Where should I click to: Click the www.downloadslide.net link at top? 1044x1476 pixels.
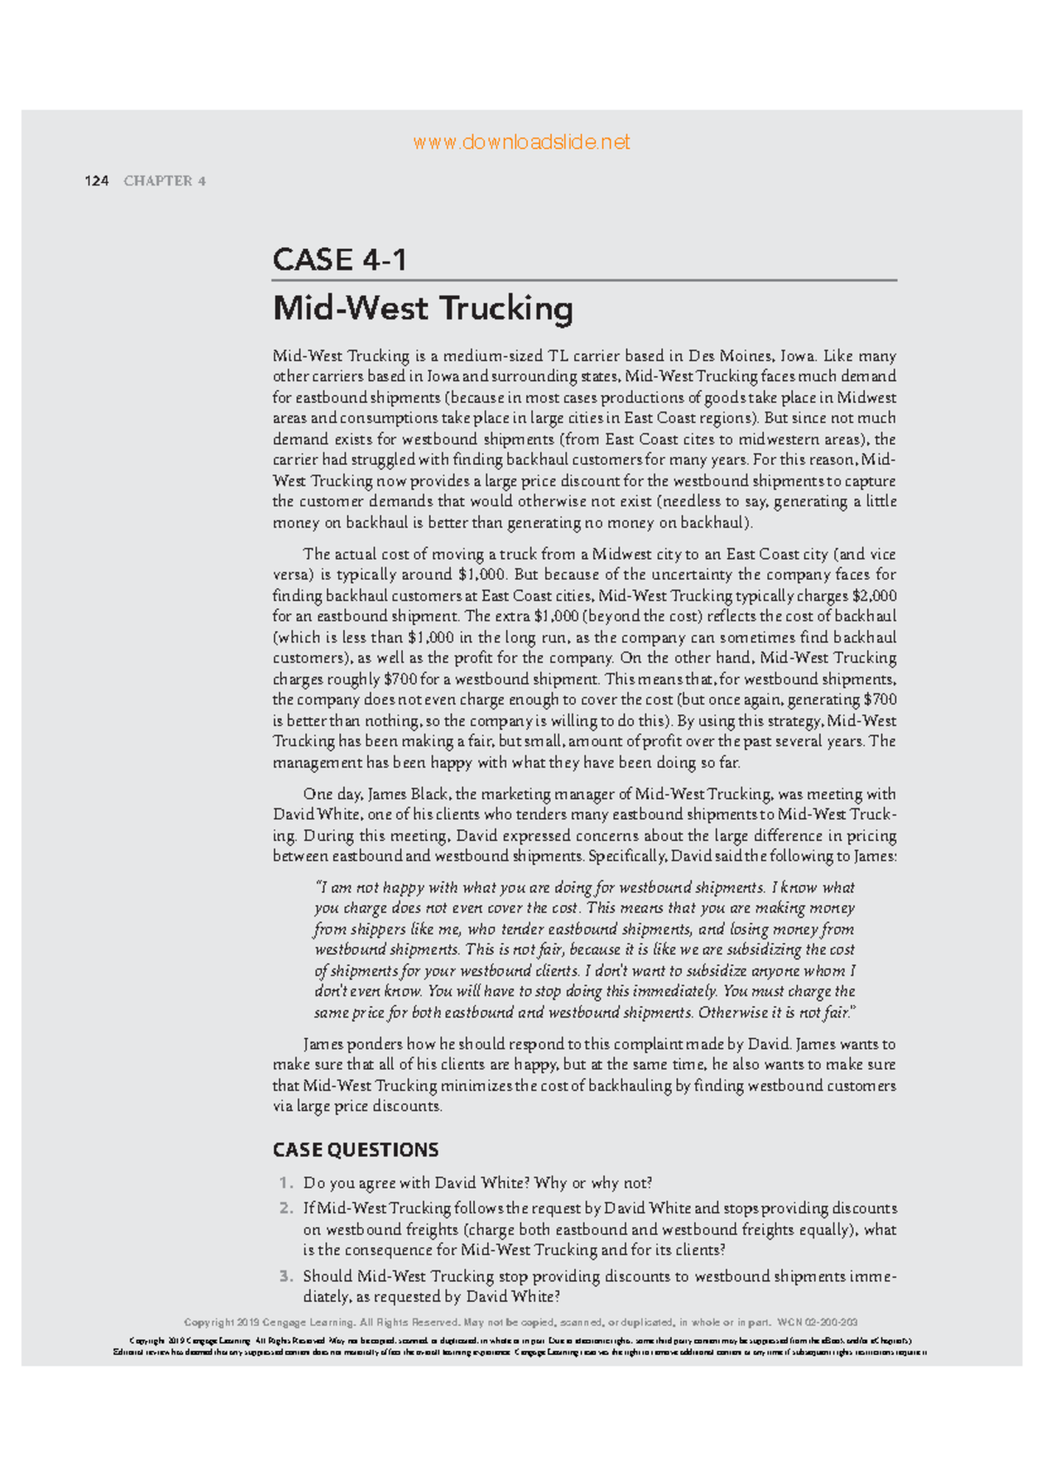click(x=521, y=142)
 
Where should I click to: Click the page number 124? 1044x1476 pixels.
click(x=96, y=181)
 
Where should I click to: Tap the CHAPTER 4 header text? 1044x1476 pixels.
click(x=164, y=181)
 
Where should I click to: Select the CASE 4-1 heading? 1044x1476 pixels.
click(x=340, y=259)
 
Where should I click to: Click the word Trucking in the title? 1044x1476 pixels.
click(x=505, y=308)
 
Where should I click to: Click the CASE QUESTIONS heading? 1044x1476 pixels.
click(x=356, y=1150)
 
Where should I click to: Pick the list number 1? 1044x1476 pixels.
click(x=284, y=1184)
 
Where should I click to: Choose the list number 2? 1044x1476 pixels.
click(x=285, y=1209)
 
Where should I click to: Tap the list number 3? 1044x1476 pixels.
click(x=285, y=1277)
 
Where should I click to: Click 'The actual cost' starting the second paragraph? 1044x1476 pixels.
click(x=351, y=554)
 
